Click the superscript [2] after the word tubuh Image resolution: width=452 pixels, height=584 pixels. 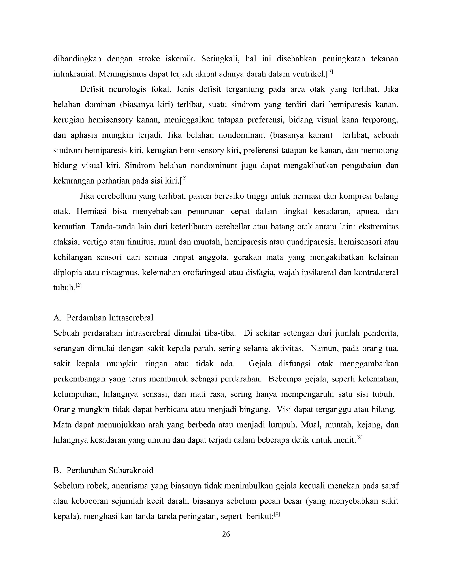point(79,286)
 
